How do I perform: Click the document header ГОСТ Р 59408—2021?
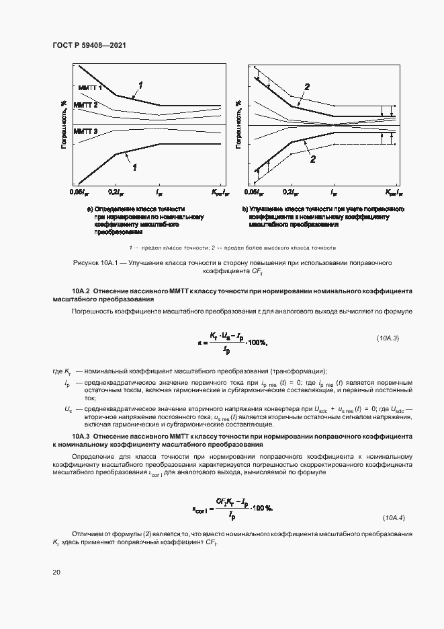(x=89, y=45)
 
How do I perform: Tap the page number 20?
(x=56, y=572)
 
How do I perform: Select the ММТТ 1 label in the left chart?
(x=89, y=88)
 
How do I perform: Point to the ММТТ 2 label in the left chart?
(x=85, y=106)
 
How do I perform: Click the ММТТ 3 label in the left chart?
(x=85, y=131)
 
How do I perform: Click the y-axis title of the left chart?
(x=63, y=124)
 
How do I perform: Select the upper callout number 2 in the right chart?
(x=307, y=87)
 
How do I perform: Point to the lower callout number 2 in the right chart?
(x=313, y=159)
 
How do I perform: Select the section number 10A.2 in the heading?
(x=64, y=291)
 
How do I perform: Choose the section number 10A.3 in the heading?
(x=64, y=437)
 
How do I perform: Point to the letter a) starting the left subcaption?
(x=89, y=210)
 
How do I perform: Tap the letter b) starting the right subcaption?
(x=245, y=210)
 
